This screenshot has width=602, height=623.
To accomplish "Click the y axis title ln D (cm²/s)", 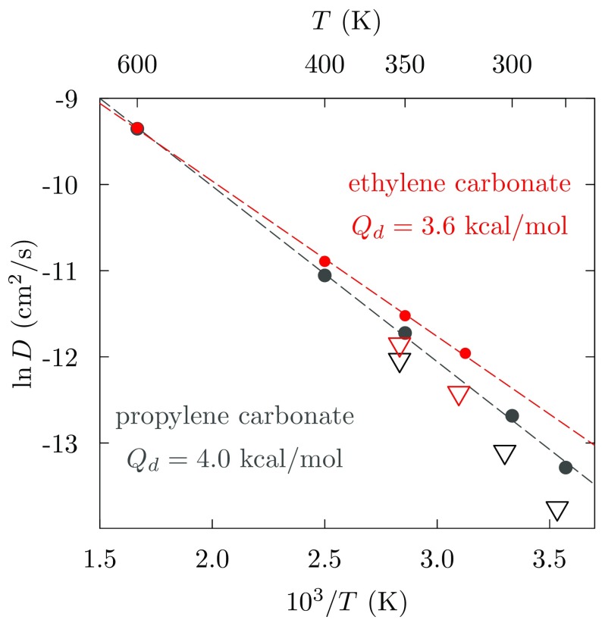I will tap(26, 313).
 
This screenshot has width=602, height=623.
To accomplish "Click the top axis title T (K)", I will tap(346, 21).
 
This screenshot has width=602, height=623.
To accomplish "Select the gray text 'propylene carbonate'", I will tap(235, 418).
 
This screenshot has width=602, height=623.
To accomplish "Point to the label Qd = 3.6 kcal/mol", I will tap(459, 226).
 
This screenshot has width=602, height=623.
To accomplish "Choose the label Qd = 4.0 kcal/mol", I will tap(235, 459).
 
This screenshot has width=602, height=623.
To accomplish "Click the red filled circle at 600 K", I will tap(137, 128).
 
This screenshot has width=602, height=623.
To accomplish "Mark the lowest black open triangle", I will tap(557, 511).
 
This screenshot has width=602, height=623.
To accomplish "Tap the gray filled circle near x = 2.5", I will tap(325, 275).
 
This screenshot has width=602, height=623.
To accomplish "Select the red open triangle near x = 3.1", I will tap(459, 395).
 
